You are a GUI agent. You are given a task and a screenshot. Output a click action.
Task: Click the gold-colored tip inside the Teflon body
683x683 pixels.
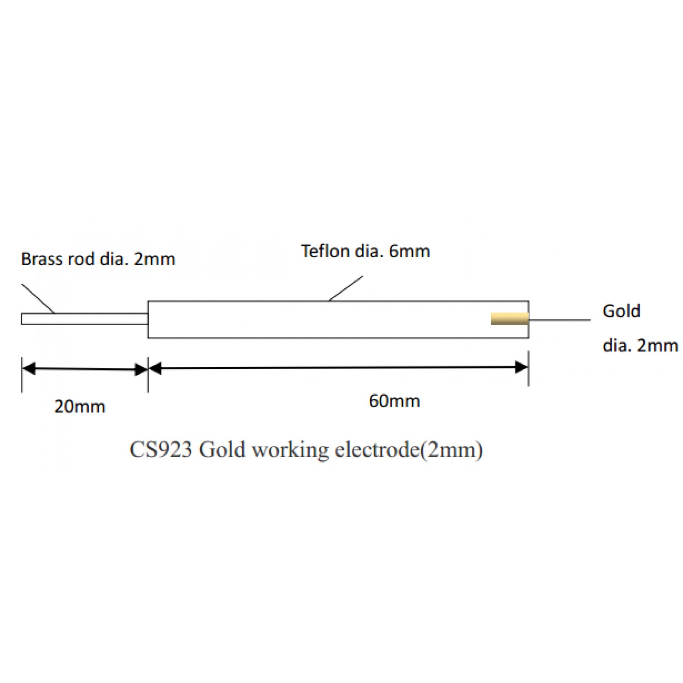pyautogui.click(x=509, y=319)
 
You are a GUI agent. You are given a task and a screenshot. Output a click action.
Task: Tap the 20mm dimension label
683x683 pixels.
pyautogui.click(x=80, y=406)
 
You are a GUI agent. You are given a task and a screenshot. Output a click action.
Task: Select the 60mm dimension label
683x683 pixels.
pyautogui.click(x=394, y=401)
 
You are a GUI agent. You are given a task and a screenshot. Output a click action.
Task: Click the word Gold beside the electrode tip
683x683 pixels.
pyautogui.click(x=621, y=311)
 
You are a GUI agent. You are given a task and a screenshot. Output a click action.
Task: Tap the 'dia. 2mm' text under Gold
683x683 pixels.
pyautogui.click(x=640, y=346)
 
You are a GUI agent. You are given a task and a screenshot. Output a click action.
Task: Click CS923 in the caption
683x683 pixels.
pyautogui.click(x=161, y=450)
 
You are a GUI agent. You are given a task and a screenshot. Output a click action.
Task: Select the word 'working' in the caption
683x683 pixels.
pyautogui.click(x=290, y=450)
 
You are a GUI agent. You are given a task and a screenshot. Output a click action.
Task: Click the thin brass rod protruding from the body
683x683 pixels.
pyautogui.click(x=84, y=319)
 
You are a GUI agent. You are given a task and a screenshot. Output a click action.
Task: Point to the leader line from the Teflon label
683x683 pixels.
pyautogui.click(x=346, y=288)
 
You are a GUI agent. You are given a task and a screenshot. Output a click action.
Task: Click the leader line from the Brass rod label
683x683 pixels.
pyautogui.click(x=38, y=298)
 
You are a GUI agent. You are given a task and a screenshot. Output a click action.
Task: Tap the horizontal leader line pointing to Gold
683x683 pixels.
pyautogui.click(x=560, y=320)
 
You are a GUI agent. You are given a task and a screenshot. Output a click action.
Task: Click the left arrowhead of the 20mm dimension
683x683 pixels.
pyautogui.click(x=28, y=368)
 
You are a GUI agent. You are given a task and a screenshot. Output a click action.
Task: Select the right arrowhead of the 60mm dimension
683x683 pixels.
pyautogui.click(x=521, y=367)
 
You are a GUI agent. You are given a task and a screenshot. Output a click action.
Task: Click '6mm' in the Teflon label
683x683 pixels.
pyautogui.click(x=409, y=251)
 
